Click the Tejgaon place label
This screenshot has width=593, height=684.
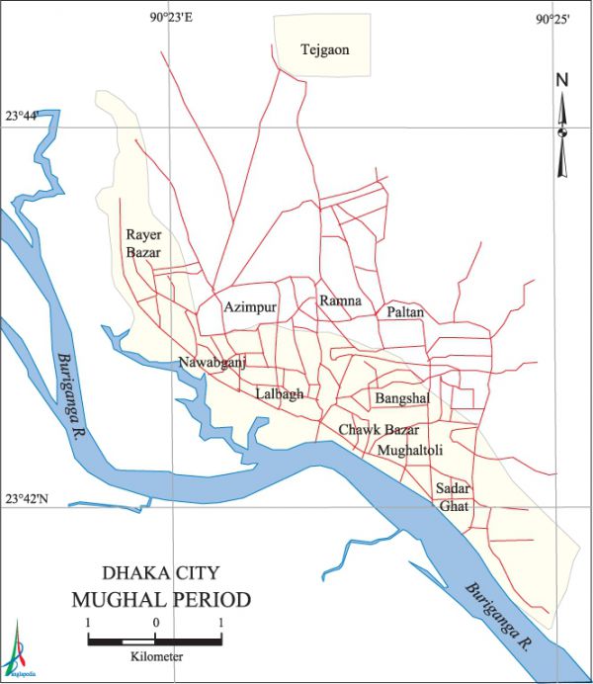pyautogui.click(x=325, y=49)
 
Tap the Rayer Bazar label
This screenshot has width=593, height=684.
pyautogui.click(x=143, y=244)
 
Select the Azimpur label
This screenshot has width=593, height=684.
pyautogui.click(x=250, y=307)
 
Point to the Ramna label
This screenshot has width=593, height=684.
pyautogui.click(x=340, y=300)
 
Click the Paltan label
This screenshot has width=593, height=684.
pyautogui.click(x=405, y=312)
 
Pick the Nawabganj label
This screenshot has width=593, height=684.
pyautogui.click(x=212, y=363)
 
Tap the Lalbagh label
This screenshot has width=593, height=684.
pyautogui.click(x=280, y=393)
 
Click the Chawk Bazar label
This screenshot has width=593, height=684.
pyautogui.click(x=379, y=430)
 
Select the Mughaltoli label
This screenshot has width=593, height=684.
pyautogui.click(x=410, y=450)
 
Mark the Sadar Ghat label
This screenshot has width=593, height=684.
pyautogui.click(x=454, y=497)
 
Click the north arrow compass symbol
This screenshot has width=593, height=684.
pyautogui.click(x=562, y=133)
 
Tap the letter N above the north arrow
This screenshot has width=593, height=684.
pyautogui.click(x=561, y=80)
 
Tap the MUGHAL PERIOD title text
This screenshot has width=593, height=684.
pyautogui.click(x=160, y=600)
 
